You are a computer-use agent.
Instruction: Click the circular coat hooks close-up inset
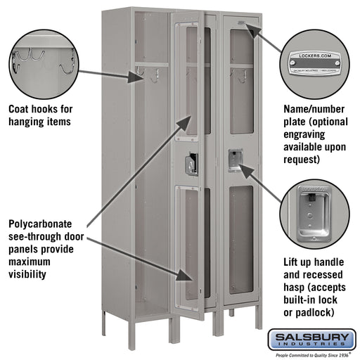click(x=44, y=60)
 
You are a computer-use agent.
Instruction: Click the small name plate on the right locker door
click(x=243, y=25)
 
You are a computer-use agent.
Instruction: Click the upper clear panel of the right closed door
click(x=240, y=84)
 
